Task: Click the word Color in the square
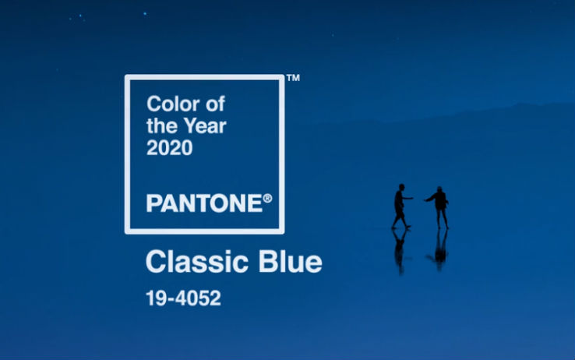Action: click(173, 104)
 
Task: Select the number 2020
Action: click(169, 148)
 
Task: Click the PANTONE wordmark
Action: click(204, 203)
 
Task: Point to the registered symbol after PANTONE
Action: click(268, 199)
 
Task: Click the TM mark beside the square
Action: click(293, 78)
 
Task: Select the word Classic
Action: click(197, 261)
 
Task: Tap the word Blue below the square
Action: click(290, 261)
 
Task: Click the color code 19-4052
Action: click(183, 298)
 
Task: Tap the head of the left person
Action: click(402, 187)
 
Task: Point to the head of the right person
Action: click(439, 189)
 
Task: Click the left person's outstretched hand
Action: click(411, 199)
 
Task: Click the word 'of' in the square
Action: click(215, 104)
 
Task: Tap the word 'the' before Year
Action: click(163, 126)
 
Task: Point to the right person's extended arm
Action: click(430, 199)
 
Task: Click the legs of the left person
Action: click(400, 219)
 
